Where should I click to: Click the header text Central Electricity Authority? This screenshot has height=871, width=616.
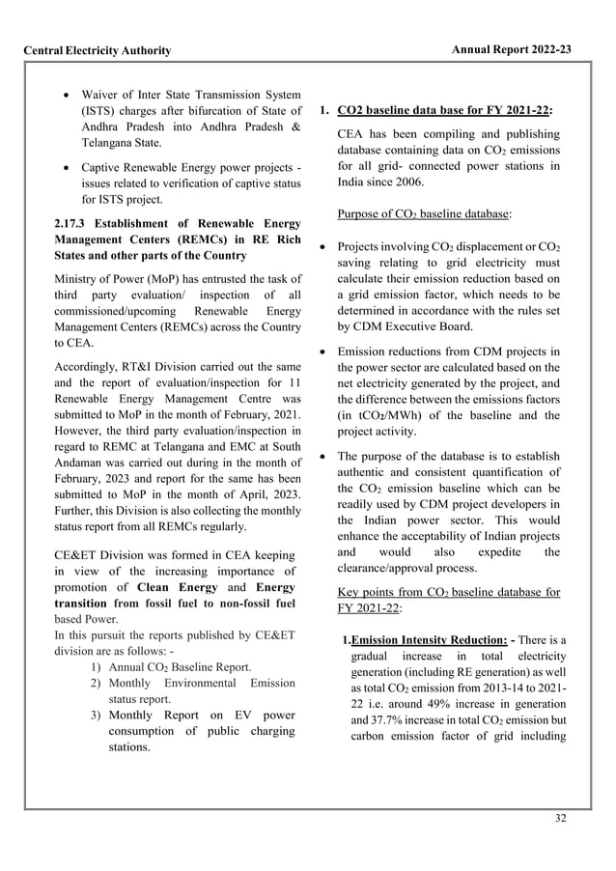click(98, 50)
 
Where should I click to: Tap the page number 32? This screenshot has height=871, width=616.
click(561, 819)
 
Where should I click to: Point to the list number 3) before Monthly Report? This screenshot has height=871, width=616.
click(97, 715)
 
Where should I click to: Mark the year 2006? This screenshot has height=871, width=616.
click(407, 181)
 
